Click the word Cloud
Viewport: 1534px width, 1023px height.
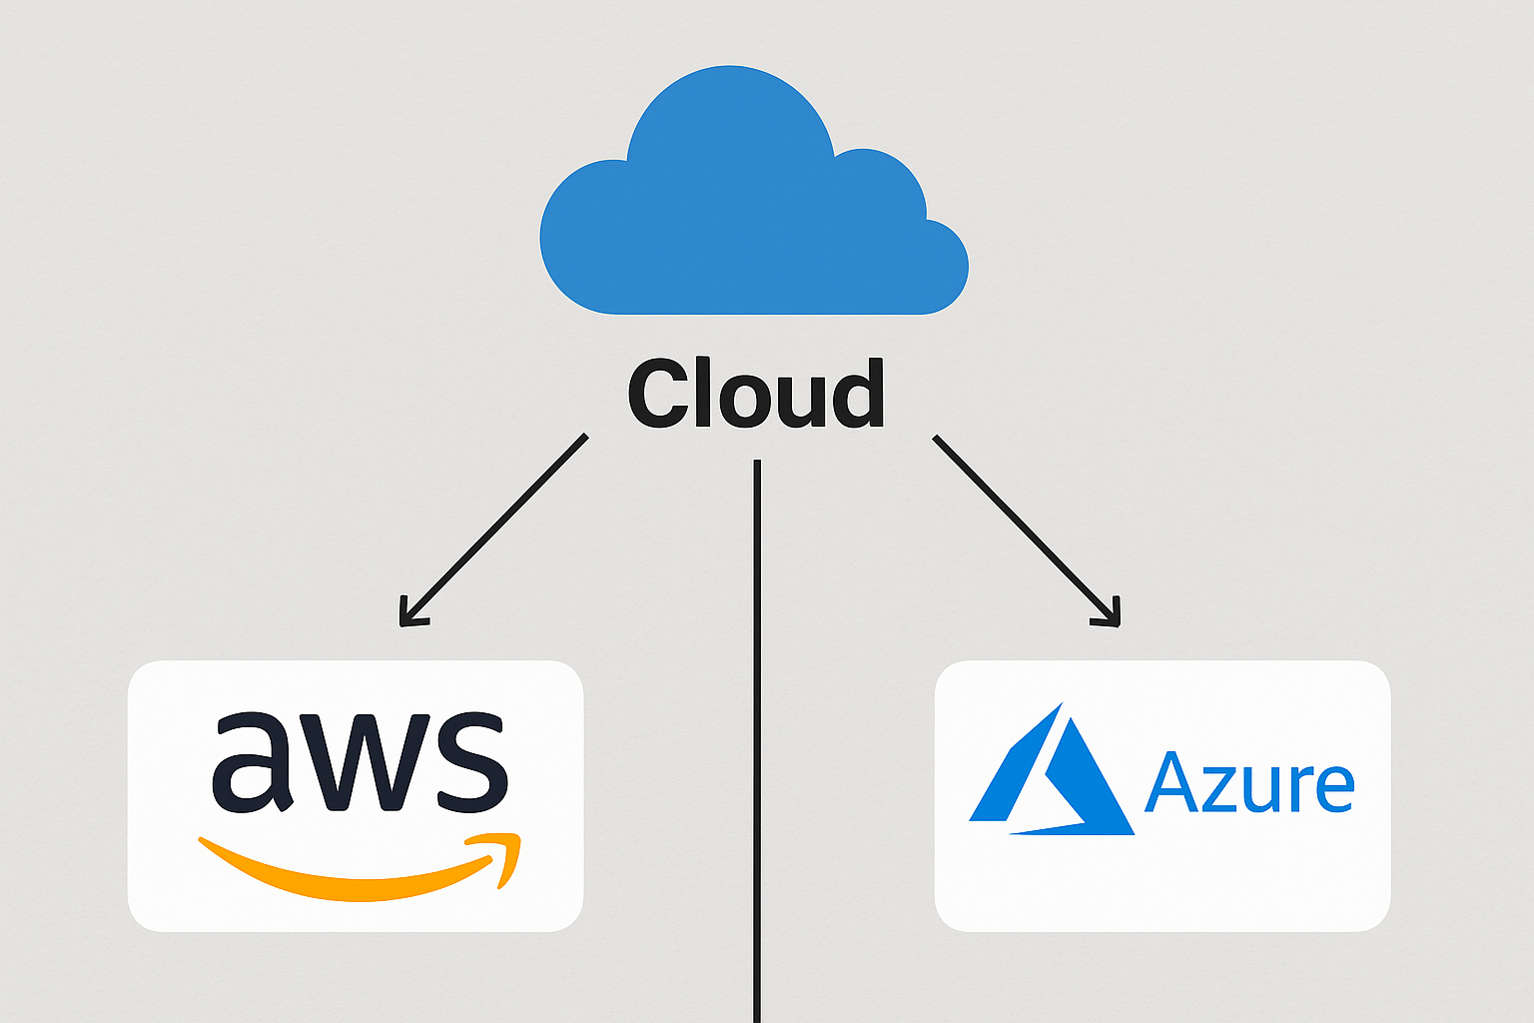tap(756, 394)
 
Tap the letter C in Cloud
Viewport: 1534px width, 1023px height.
tap(657, 394)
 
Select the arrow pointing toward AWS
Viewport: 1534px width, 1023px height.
tap(493, 529)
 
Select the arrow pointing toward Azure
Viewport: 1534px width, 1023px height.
tap(1027, 530)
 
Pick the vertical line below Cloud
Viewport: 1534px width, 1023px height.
tap(757, 740)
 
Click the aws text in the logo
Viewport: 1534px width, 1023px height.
tap(361, 762)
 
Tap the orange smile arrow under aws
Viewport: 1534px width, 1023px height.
tap(360, 867)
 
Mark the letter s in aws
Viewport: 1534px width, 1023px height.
tap(472, 762)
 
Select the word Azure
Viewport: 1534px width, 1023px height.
tap(1249, 783)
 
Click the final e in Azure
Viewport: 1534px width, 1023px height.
tap(1334, 790)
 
